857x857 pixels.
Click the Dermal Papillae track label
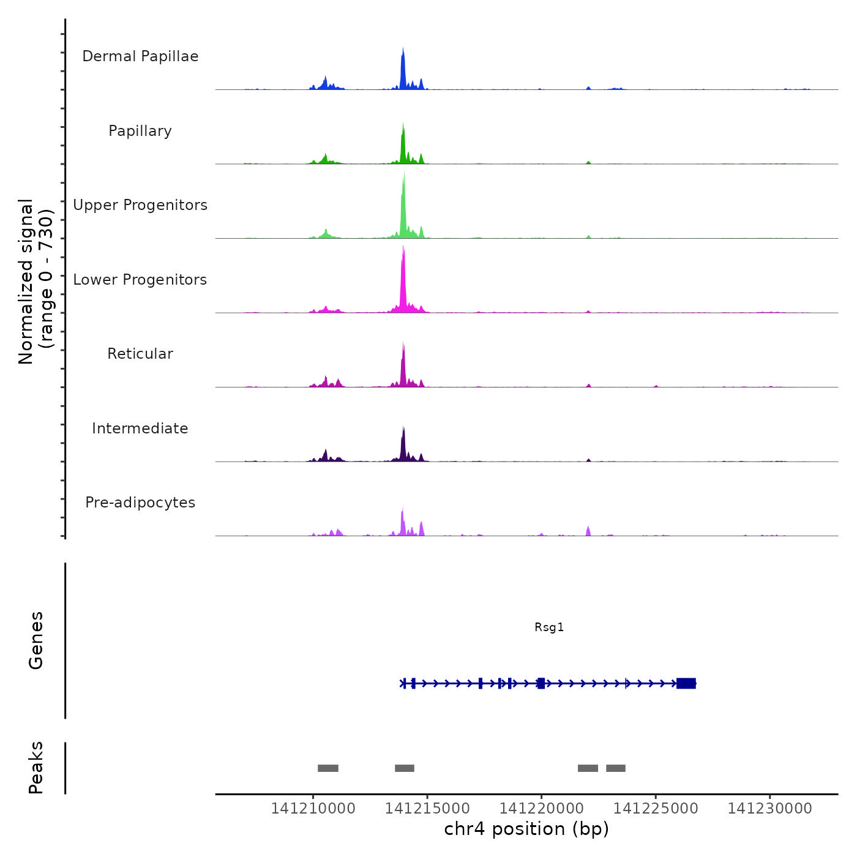(x=140, y=56)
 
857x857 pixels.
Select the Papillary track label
(x=140, y=131)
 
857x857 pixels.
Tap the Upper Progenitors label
(x=140, y=205)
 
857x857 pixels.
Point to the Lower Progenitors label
(x=140, y=280)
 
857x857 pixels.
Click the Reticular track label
(x=140, y=354)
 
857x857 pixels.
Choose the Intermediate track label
(x=140, y=428)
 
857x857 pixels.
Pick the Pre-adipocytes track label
(x=140, y=503)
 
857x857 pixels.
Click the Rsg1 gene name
(x=549, y=627)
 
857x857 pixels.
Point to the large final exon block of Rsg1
(x=686, y=683)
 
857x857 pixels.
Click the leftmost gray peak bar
(x=328, y=768)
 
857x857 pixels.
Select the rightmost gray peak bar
(x=616, y=768)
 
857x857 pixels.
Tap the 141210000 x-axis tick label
(x=313, y=809)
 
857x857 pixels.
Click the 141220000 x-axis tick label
(x=542, y=809)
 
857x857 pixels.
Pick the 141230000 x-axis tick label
(x=770, y=809)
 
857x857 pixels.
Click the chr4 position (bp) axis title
(x=526, y=829)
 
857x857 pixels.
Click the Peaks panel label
(x=36, y=768)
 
